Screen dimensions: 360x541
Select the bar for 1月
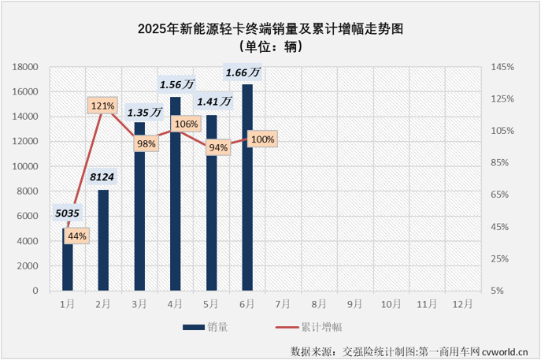click(67, 259)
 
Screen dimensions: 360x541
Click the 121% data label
click(103, 105)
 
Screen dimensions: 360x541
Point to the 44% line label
click(77, 235)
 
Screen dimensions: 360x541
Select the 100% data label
click(261, 139)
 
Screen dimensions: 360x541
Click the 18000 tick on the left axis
click(26, 67)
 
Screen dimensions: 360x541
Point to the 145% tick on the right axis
click(501, 67)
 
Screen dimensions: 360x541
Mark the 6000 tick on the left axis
click(29, 216)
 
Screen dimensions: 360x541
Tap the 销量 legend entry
click(206, 325)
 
